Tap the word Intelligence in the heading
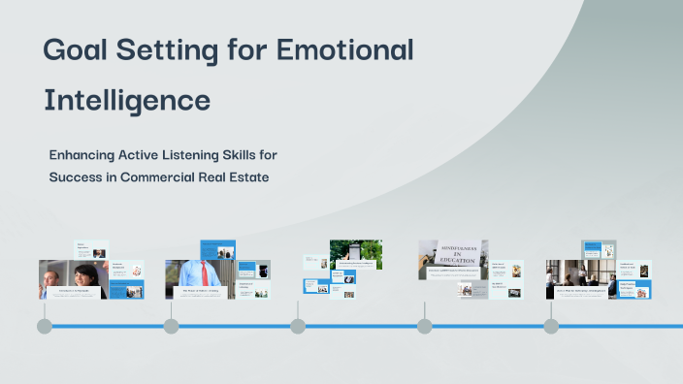tap(127, 99)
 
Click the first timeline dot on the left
tap(44, 326)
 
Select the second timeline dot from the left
tap(171, 326)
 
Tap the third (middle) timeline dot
tap(298, 326)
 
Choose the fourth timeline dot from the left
tap(424, 326)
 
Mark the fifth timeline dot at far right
tap(551, 326)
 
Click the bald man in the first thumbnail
tap(53, 279)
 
